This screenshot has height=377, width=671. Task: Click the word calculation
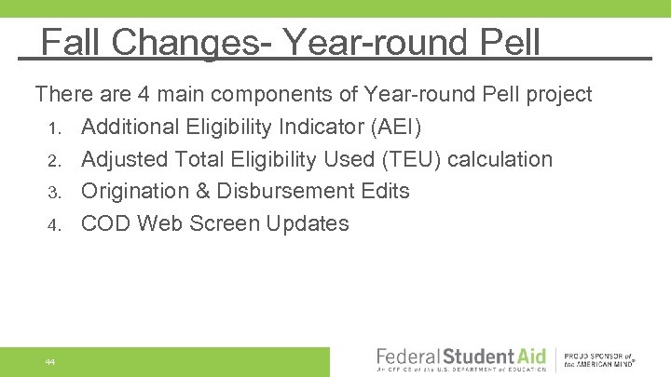(500, 159)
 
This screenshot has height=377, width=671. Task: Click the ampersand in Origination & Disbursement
(204, 191)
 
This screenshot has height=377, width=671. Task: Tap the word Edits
(383, 191)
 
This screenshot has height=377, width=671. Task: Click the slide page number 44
(50, 361)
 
